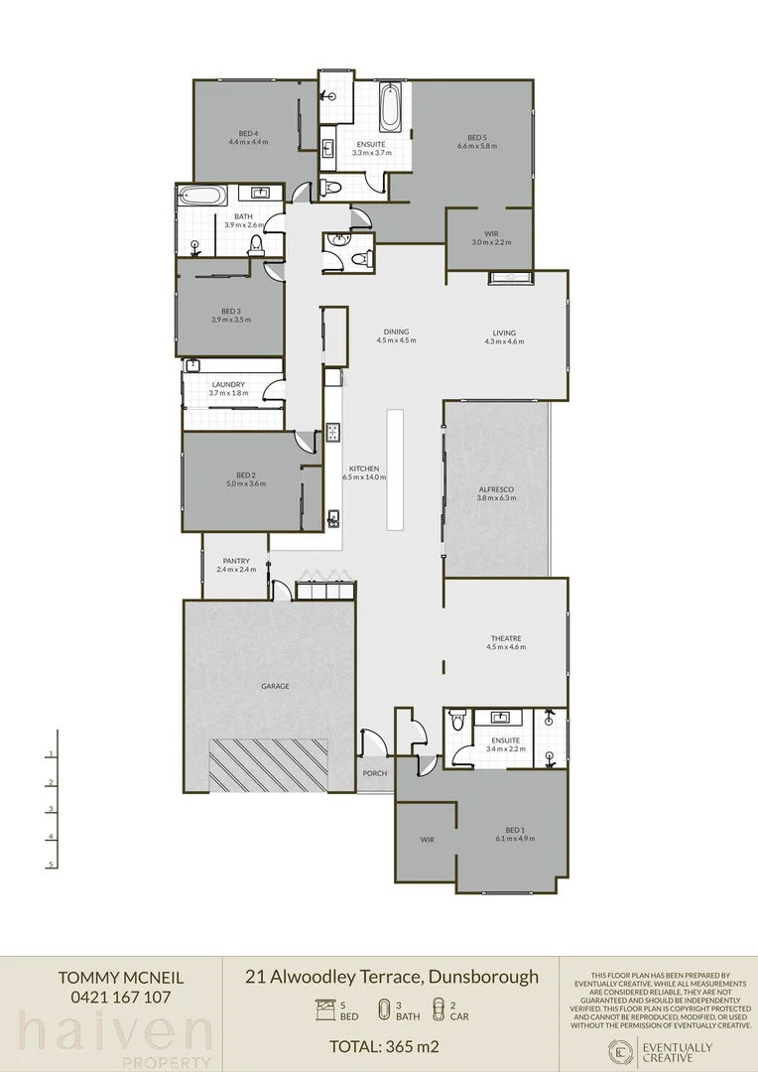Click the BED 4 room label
click(x=248, y=134)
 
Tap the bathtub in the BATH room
click(x=202, y=196)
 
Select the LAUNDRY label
click(x=227, y=384)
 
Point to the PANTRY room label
click(x=236, y=561)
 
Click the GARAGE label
click(x=275, y=686)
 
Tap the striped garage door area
click(x=268, y=765)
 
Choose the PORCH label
click(x=374, y=774)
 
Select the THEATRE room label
click(x=506, y=638)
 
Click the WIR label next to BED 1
click(x=427, y=840)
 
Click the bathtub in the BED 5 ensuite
click(x=391, y=110)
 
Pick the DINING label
click(x=396, y=333)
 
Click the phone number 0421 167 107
click(x=122, y=997)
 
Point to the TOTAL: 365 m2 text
click(x=384, y=1045)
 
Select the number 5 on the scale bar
click(x=51, y=866)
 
